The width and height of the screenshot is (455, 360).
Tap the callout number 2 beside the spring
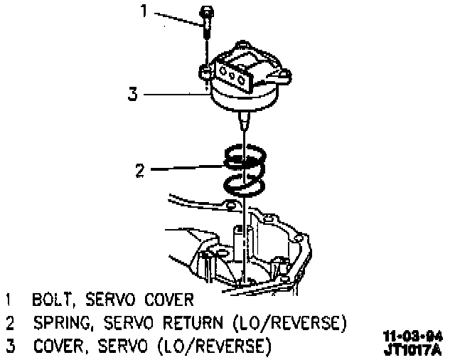click(x=141, y=170)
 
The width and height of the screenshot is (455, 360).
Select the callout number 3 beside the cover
click(x=132, y=93)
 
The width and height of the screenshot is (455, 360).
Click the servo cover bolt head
click(x=206, y=13)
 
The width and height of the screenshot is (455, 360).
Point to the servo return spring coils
click(x=244, y=171)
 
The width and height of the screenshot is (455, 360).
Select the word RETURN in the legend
click(x=193, y=322)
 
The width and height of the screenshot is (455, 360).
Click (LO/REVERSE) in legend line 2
click(x=289, y=322)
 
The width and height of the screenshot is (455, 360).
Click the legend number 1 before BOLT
click(x=9, y=297)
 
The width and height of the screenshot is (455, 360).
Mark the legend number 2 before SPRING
click(x=9, y=322)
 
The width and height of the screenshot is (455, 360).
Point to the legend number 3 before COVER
click(x=9, y=346)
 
